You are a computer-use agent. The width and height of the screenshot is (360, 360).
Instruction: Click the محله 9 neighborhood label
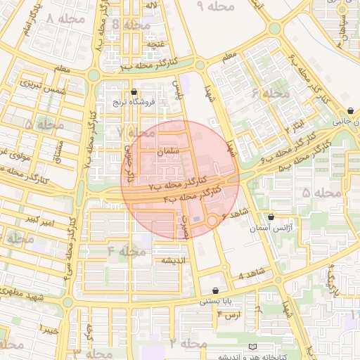click(x=215, y=6)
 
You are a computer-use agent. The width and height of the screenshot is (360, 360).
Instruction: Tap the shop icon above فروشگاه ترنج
click(x=134, y=92)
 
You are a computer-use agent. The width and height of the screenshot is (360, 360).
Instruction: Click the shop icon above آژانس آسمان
click(x=271, y=217)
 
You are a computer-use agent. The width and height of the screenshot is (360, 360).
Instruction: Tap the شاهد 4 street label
click(x=252, y=273)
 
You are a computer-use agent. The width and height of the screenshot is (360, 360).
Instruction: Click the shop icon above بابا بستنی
click(x=215, y=290)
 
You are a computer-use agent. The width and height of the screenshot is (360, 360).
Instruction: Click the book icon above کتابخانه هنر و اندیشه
click(x=253, y=347)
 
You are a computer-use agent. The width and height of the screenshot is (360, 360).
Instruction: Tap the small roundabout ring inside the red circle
click(x=212, y=221)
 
